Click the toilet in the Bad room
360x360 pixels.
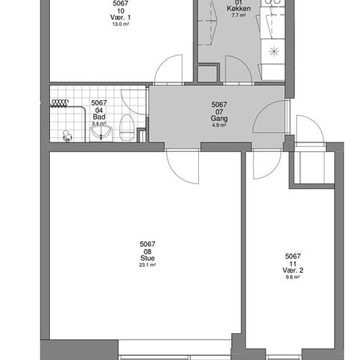point(126,128)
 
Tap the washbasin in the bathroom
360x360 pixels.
point(101,134)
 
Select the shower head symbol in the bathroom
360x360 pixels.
point(67,136)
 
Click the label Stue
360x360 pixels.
point(147,258)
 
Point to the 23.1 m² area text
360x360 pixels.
point(147,264)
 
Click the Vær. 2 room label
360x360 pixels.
point(293,270)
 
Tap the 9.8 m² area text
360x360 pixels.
point(293,277)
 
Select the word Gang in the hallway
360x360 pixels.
point(219,118)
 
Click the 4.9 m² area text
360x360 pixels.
point(219,125)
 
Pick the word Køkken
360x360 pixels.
point(239,9)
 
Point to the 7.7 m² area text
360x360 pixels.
point(239,16)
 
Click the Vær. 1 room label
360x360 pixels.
point(120,17)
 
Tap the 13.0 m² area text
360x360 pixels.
point(120,24)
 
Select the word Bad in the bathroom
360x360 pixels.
point(99,117)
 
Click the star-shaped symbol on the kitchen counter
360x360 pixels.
point(274,51)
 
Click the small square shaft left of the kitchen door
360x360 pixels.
point(207,73)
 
